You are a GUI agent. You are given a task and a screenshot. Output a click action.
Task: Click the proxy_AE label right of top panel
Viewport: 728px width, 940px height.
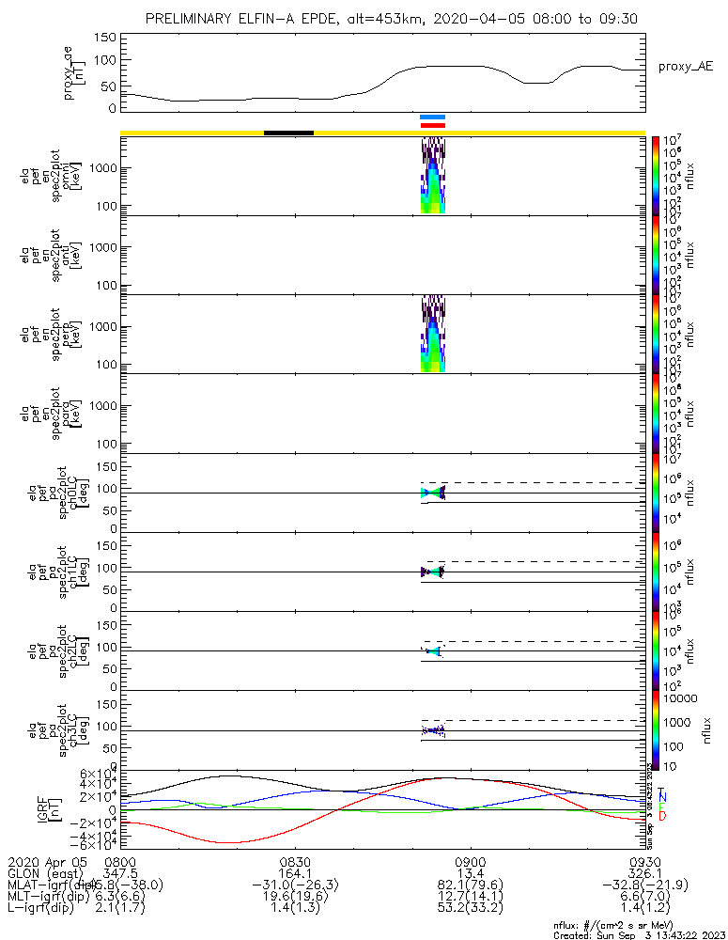click(x=685, y=68)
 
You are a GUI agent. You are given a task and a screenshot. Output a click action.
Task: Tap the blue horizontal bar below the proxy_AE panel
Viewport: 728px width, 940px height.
click(x=432, y=117)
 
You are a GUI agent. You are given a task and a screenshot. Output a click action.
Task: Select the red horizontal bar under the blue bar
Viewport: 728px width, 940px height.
click(x=432, y=124)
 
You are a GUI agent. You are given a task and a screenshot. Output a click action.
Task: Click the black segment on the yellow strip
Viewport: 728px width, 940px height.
click(x=288, y=133)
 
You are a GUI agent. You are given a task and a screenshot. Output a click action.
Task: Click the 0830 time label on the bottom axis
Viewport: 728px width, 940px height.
click(x=295, y=861)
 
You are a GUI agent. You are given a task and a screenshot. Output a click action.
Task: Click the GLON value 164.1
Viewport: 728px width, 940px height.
click(x=295, y=873)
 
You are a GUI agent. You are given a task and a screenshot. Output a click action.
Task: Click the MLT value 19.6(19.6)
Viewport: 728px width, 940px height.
click(x=295, y=898)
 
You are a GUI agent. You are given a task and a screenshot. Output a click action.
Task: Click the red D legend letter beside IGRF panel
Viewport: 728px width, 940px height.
click(x=662, y=817)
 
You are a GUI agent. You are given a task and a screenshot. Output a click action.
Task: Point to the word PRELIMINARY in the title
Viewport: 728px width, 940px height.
click(x=194, y=19)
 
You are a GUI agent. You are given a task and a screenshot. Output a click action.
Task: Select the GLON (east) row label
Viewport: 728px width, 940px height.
click(x=47, y=873)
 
